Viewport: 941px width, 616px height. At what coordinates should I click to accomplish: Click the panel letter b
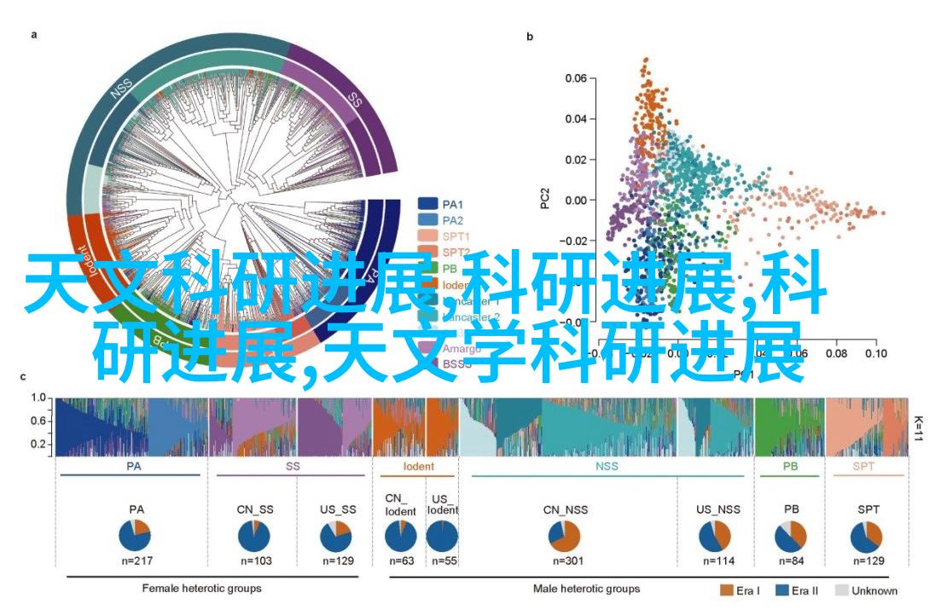(530, 37)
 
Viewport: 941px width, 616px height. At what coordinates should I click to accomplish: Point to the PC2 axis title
(543, 200)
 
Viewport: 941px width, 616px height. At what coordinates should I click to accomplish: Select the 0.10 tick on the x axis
(874, 352)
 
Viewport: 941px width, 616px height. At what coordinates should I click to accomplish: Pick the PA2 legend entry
(452, 220)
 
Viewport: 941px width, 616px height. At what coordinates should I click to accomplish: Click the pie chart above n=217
(135, 535)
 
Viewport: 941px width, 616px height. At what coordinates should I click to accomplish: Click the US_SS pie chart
(336, 536)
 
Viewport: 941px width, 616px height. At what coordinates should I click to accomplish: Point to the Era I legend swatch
(727, 590)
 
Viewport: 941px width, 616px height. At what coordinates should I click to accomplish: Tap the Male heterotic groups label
(586, 589)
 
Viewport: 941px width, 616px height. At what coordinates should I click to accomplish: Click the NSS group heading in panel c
(606, 467)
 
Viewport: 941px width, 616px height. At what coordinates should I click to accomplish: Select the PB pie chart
(791, 536)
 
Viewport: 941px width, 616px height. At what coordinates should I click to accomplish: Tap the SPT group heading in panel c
(868, 467)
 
